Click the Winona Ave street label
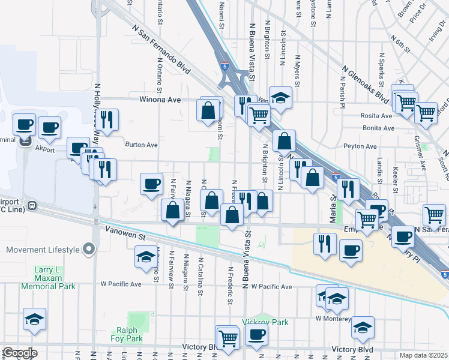click(160, 100)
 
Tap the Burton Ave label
click(141, 145)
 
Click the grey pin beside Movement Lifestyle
click(89, 249)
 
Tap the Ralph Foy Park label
click(127, 334)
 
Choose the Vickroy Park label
click(265, 322)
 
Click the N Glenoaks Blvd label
click(366, 83)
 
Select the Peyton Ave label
click(360, 146)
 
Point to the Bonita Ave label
click(378, 128)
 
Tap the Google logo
click(19, 353)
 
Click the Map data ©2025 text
click(424, 355)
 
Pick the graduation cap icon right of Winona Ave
click(280, 97)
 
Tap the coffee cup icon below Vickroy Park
click(257, 336)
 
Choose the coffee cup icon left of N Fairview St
click(151, 183)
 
